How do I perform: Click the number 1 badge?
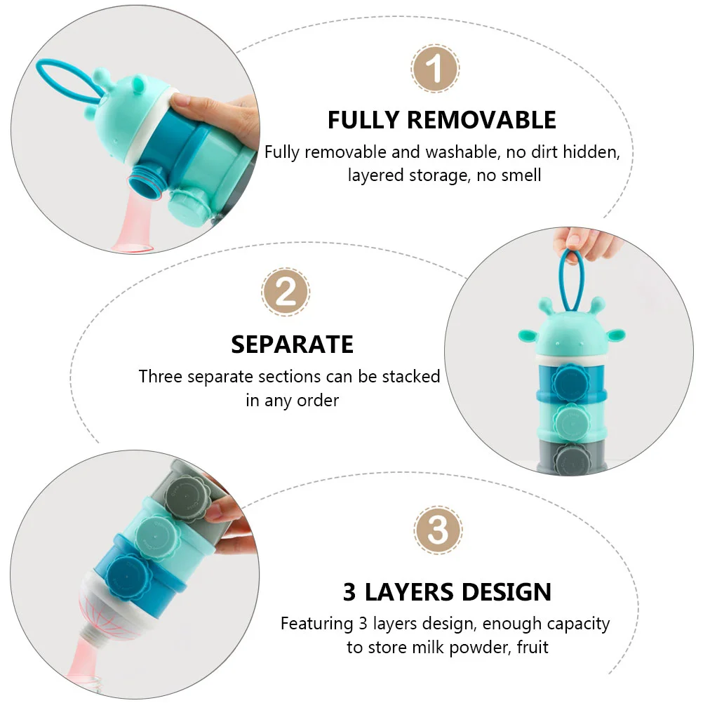434,69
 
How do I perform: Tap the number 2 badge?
286,293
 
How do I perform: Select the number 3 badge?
438,530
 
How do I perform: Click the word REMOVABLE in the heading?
481,120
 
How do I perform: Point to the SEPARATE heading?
293,344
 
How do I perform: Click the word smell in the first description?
521,175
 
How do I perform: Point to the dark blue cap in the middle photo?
570,382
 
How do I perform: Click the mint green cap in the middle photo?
570,421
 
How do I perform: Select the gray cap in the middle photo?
570,460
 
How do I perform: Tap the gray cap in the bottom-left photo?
187,500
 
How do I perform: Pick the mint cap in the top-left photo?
188,206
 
